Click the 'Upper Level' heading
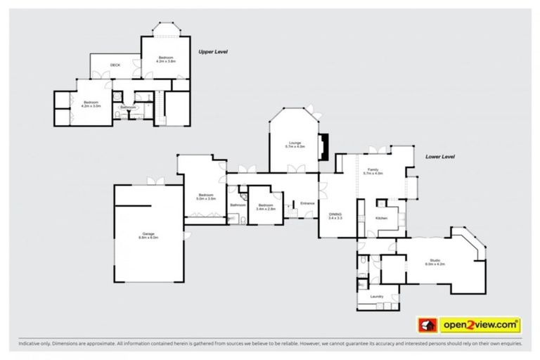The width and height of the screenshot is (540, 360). [x=212, y=51]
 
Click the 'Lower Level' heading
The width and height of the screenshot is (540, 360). [x=439, y=157]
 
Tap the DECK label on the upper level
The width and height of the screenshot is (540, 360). [x=115, y=65]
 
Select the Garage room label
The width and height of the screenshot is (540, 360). [x=148, y=236]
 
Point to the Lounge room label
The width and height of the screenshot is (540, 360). [x=295, y=144]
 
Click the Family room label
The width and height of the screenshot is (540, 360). [x=373, y=170]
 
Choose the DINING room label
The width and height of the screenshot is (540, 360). [x=335, y=216]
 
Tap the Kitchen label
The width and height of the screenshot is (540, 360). [x=381, y=219]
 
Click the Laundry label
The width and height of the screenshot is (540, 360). [x=377, y=296]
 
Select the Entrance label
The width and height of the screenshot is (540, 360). [x=307, y=203]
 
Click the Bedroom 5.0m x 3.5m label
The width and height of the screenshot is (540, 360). [x=205, y=197]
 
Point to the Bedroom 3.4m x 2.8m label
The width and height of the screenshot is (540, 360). [x=265, y=207]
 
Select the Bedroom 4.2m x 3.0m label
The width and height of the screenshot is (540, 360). [x=92, y=104]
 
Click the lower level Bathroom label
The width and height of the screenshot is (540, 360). [x=237, y=205]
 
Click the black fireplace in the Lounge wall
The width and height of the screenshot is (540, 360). [x=323, y=146]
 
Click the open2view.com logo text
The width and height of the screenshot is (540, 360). [x=480, y=325]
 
